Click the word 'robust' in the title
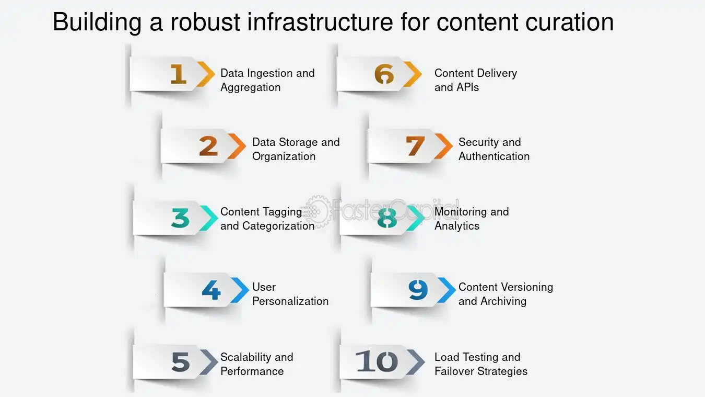pos(205,22)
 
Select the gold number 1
pos(179,74)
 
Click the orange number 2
pos(208,146)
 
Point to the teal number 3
pos(181,218)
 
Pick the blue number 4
pos(211,290)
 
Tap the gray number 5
pos(181,361)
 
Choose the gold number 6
pos(384,74)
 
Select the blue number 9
pos(418,290)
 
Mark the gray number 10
pos(377,361)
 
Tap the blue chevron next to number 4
pos(240,290)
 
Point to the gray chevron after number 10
pos(416,362)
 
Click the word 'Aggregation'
pos(251,87)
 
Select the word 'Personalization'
pos(290,301)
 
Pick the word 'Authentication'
pos(494,156)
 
